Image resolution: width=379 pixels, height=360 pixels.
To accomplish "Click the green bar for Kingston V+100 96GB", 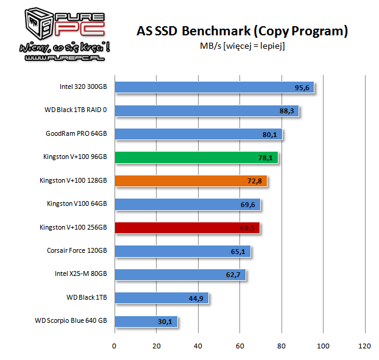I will [195, 158].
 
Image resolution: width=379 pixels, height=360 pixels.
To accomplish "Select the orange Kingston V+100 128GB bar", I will [189, 181].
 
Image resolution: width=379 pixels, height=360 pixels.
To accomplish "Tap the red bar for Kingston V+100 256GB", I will [186, 228].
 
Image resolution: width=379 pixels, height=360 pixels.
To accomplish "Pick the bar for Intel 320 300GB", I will [213, 88].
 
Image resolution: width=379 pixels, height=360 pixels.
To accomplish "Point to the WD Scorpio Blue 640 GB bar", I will [145, 321].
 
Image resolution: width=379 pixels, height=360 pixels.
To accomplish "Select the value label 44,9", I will [197, 298].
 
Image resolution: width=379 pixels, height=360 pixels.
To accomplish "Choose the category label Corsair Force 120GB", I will [77, 251].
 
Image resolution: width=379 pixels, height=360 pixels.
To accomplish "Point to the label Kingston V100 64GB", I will [77, 204].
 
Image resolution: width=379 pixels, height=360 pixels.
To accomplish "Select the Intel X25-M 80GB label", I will [80, 274].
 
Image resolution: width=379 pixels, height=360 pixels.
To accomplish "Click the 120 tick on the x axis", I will [364, 346].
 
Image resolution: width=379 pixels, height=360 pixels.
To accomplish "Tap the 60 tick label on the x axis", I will [239, 346].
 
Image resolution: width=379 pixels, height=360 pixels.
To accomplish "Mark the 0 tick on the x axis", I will [114, 346].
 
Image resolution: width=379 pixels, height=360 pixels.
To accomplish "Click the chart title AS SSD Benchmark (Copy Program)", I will [242, 31].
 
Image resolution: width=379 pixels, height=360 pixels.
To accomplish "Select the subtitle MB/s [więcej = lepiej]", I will [242, 46].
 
